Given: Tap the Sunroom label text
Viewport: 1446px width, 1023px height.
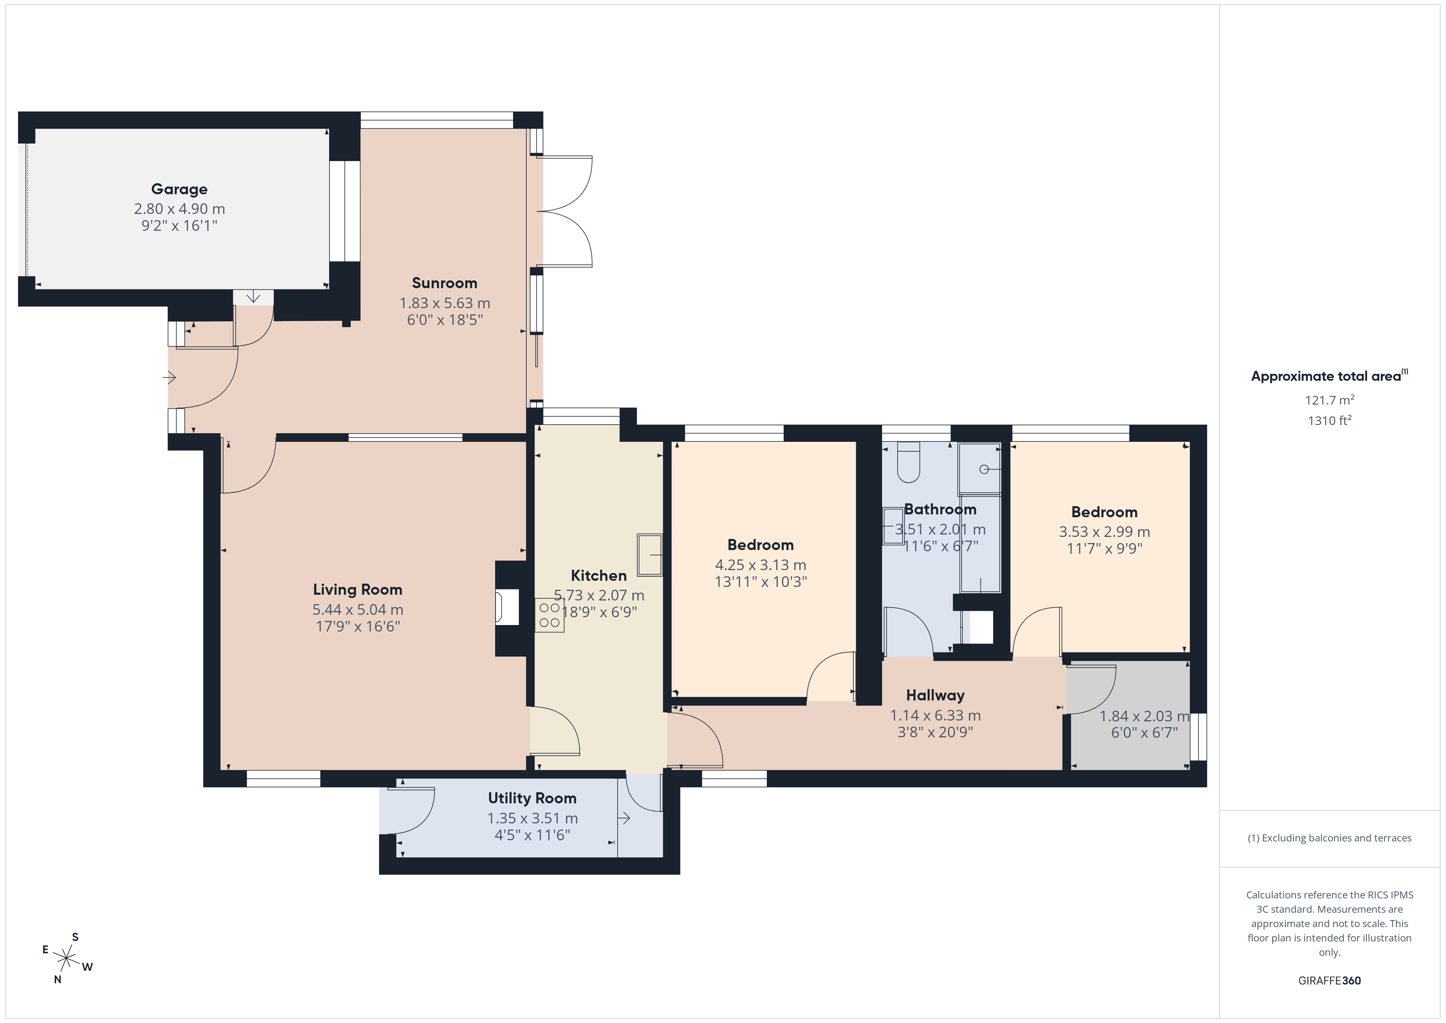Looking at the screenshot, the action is point(445,283).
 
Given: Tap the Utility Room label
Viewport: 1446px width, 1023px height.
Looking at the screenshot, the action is point(532,798).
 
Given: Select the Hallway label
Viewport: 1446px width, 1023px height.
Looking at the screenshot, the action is point(935,696).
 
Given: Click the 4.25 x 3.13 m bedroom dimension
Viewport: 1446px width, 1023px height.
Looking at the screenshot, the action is point(761,565).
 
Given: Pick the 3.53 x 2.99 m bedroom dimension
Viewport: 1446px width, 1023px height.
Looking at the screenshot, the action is point(1105,532).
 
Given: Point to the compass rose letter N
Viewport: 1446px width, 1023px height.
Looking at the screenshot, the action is point(57,980).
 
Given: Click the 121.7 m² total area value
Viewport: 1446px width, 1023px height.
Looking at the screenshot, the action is point(1330,400).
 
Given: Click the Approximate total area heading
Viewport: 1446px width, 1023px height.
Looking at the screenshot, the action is point(1329,376).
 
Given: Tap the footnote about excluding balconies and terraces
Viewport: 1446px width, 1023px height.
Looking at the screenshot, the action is point(1330,838).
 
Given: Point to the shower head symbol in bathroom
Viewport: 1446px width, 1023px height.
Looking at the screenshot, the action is point(984,469).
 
